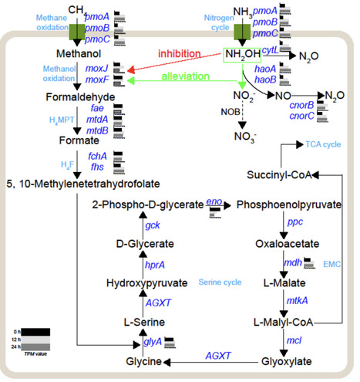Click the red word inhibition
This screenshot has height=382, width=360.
[180, 53]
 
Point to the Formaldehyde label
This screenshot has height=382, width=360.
[79, 97]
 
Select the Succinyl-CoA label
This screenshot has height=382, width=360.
[278, 175]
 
